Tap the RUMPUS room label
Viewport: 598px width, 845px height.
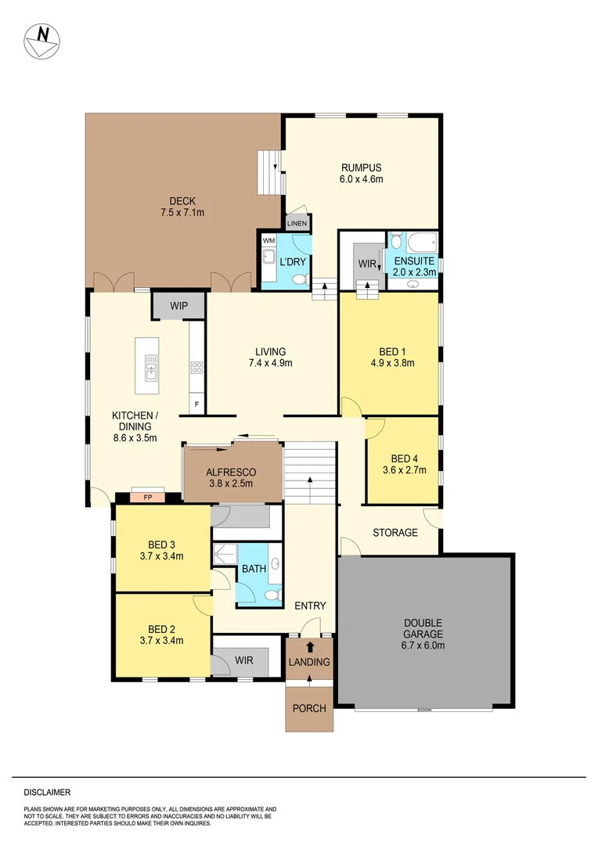click(x=361, y=173)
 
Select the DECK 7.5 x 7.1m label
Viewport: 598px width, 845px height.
click(x=182, y=207)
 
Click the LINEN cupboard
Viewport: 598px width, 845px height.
click(x=297, y=224)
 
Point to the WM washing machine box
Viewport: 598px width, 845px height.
click(x=268, y=241)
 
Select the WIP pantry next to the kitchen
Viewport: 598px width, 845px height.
click(x=178, y=305)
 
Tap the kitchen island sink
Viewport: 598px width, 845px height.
click(x=149, y=361)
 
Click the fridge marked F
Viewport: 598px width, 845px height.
click(x=196, y=405)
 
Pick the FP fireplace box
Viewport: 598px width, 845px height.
click(x=148, y=497)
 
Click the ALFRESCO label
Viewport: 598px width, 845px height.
click(x=232, y=478)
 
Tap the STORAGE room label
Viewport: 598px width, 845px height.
click(x=394, y=533)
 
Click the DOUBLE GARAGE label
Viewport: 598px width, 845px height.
click(x=423, y=628)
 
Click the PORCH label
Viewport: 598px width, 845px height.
click(x=309, y=708)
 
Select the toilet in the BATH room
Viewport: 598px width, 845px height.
click(x=272, y=596)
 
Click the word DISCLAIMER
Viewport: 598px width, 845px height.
click(x=47, y=792)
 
